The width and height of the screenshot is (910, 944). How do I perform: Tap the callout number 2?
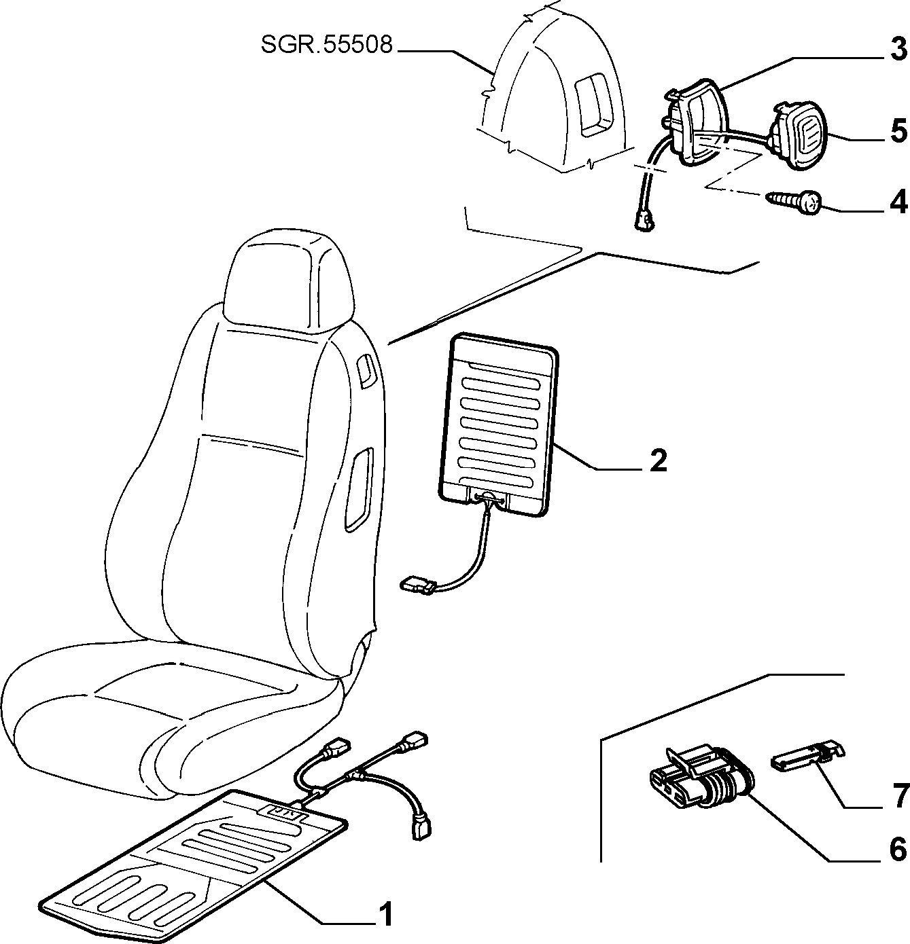coord(659,461)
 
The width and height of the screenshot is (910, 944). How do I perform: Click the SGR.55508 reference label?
coord(327,45)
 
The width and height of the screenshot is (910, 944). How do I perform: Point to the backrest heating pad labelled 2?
coord(498,424)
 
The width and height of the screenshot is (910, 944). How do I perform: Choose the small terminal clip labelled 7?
coord(807,753)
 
